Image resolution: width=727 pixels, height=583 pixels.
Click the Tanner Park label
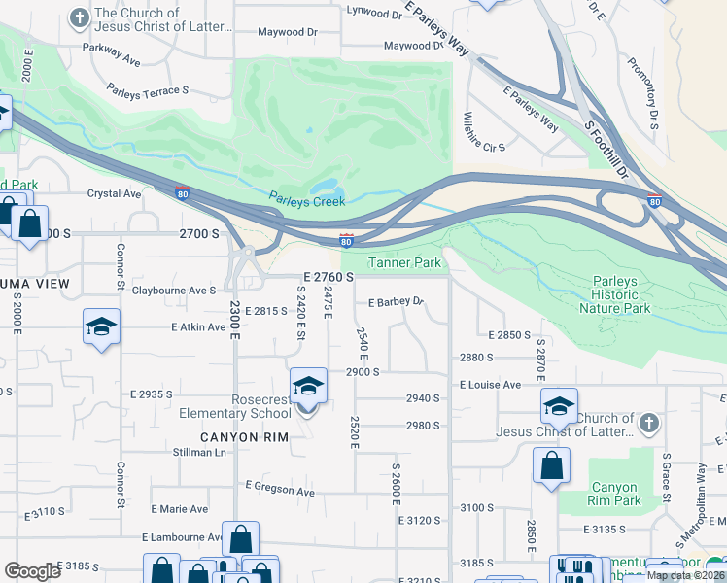click(404, 262)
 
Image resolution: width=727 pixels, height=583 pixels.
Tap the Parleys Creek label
click(307, 202)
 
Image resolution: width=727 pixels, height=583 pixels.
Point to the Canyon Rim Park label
click(614, 495)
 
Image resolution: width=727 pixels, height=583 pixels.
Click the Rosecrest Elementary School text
click(234, 406)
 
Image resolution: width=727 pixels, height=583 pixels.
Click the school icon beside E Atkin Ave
click(101, 327)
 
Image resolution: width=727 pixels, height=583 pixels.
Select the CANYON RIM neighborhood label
click(245, 437)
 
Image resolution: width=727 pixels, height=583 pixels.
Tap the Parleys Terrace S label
click(149, 90)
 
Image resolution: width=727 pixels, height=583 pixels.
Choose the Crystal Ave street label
click(115, 193)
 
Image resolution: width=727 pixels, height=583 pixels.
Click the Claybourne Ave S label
click(174, 290)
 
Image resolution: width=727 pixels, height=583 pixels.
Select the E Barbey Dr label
click(396, 301)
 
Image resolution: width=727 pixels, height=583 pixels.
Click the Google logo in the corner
click(32, 570)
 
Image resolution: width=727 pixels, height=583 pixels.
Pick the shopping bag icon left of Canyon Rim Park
click(551, 464)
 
